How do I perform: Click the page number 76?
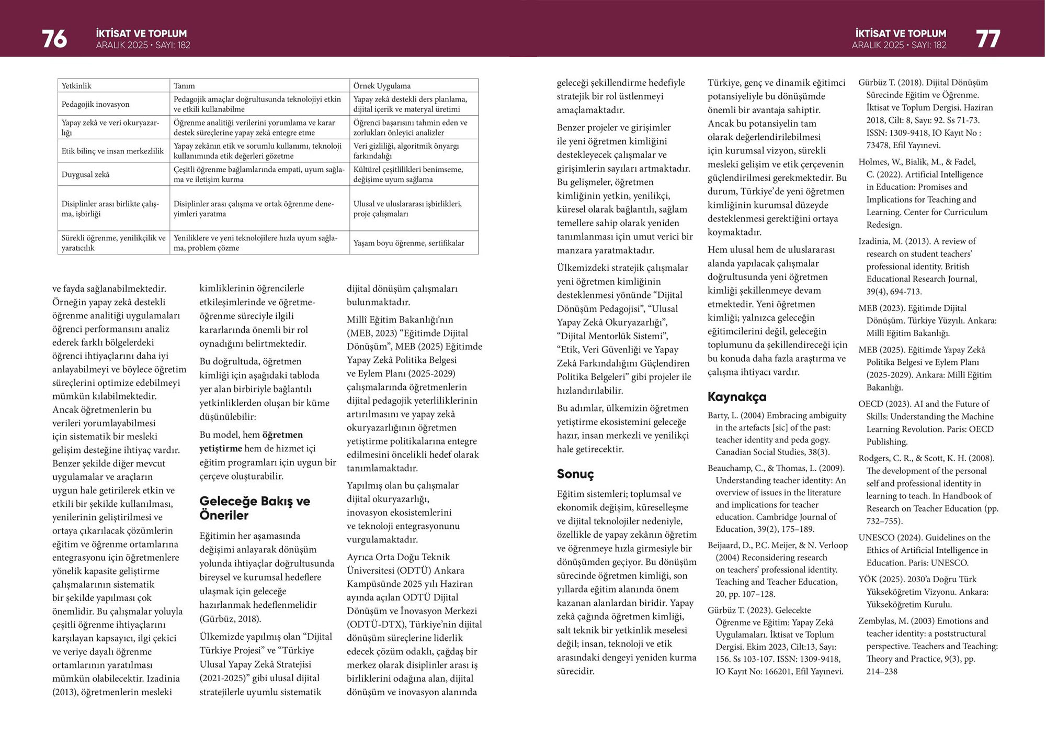point(54,39)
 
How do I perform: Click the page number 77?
point(987,39)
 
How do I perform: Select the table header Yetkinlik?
point(76,86)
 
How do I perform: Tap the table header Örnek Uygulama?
point(382,86)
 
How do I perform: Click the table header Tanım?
point(184,86)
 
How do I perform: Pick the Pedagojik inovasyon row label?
point(95,104)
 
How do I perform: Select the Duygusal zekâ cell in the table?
point(85,174)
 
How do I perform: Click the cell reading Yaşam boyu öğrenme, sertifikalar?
point(408,243)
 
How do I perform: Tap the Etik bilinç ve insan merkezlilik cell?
point(112,151)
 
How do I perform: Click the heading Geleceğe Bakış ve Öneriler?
point(254,508)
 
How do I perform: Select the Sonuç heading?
point(575,474)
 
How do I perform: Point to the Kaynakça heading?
point(737,397)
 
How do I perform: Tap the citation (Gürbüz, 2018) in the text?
point(230,619)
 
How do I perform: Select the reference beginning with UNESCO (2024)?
point(926,550)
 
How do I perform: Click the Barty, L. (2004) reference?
point(776,434)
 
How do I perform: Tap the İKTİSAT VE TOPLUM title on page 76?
point(141,33)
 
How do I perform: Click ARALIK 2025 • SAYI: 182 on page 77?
point(899,45)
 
